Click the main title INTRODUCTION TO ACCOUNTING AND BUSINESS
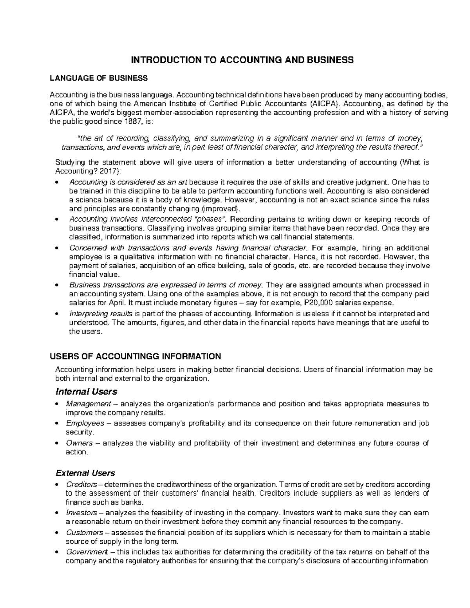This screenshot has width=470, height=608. [242, 60]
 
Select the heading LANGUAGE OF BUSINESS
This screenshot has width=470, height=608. [98, 78]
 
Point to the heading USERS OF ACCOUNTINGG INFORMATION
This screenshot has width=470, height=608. [135, 356]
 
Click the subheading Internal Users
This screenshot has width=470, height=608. [86, 392]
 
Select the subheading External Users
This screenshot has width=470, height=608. [85, 473]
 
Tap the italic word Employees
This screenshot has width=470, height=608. [85, 423]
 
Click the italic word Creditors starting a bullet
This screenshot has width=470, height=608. [82, 485]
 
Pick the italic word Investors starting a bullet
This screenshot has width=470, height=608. [81, 512]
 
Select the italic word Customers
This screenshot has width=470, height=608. [85, 532]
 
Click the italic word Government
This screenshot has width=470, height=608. [87, 552]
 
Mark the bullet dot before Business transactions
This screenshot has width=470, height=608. [58, 285]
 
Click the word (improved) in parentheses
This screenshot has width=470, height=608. [221, 208]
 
